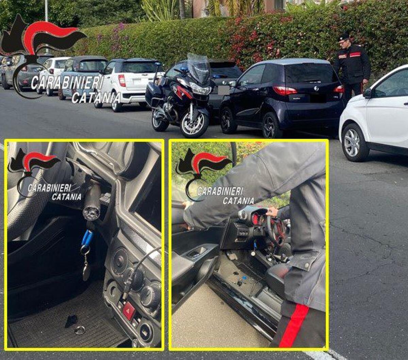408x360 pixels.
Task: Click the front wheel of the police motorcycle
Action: (194, 124)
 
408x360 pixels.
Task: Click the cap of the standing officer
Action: (344, 36)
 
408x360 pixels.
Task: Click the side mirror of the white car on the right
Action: (368, 93)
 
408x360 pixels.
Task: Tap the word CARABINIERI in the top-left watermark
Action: (67, 83)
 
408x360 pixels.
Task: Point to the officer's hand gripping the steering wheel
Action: (272, 212)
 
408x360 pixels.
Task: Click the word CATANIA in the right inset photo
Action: (238, 201)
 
